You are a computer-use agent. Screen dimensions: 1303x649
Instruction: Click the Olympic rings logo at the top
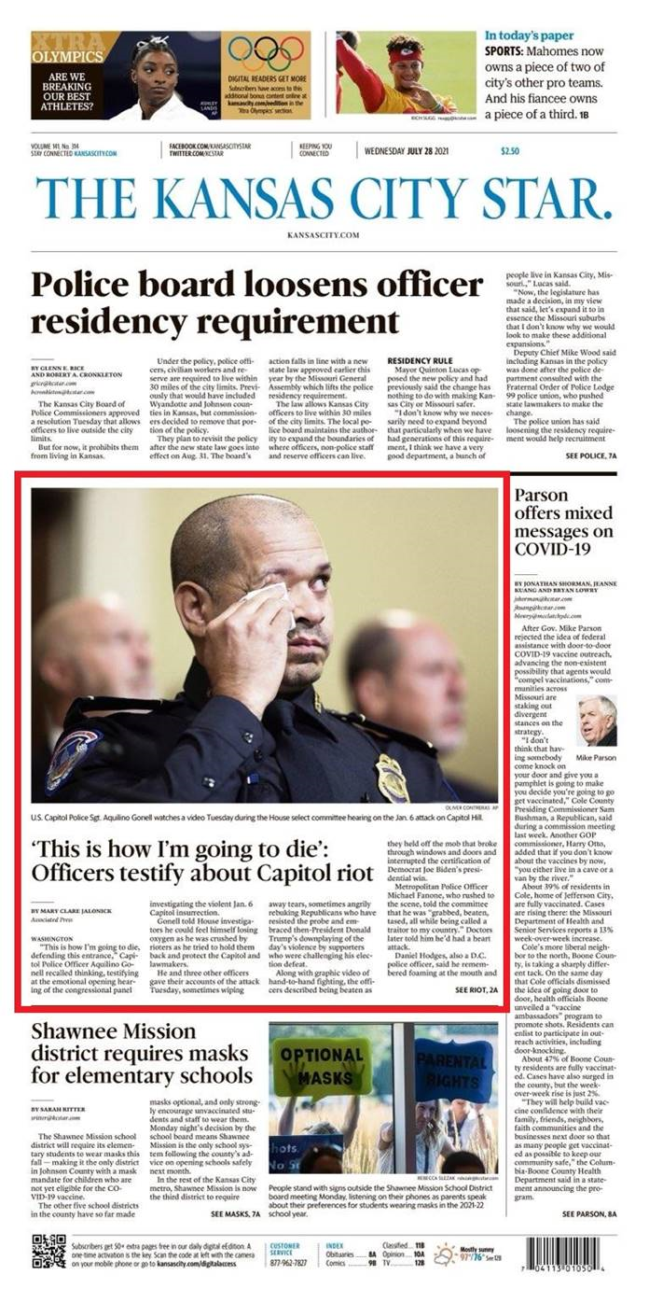point(266,52)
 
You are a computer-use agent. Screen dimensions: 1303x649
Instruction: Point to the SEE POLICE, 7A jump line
point(590,455)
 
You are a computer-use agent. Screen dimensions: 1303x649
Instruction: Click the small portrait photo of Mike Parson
point(597,721)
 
